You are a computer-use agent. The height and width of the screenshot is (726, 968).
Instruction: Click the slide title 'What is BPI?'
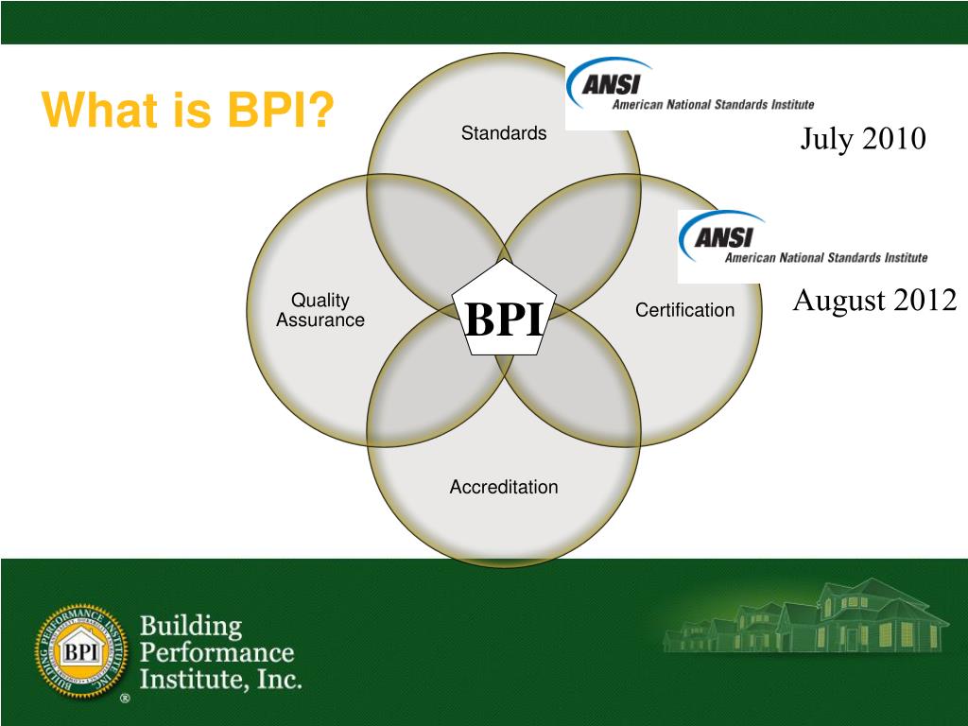pos(189,112)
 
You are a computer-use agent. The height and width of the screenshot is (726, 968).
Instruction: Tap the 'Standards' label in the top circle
pos(504,133)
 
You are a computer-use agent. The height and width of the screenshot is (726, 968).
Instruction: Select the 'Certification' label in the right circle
pos(684,310)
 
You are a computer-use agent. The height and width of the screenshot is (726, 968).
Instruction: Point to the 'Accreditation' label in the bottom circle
pos(504,488)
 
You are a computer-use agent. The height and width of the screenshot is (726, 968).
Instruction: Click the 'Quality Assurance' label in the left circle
pos(320,310)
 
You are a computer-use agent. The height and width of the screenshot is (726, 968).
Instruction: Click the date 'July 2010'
pos(863,139)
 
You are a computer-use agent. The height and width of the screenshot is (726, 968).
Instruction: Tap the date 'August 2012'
pos(874,301)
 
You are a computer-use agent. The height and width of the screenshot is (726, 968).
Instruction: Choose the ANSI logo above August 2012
pos(804,244)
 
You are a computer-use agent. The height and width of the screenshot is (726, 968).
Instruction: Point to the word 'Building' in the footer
pos(192,626)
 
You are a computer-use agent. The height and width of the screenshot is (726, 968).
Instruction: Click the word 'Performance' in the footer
pos(216,652)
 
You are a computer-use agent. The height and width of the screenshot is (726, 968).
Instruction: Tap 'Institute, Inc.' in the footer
pos(220,679)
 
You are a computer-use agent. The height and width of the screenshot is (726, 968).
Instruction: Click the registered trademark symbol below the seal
pos(124,700)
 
